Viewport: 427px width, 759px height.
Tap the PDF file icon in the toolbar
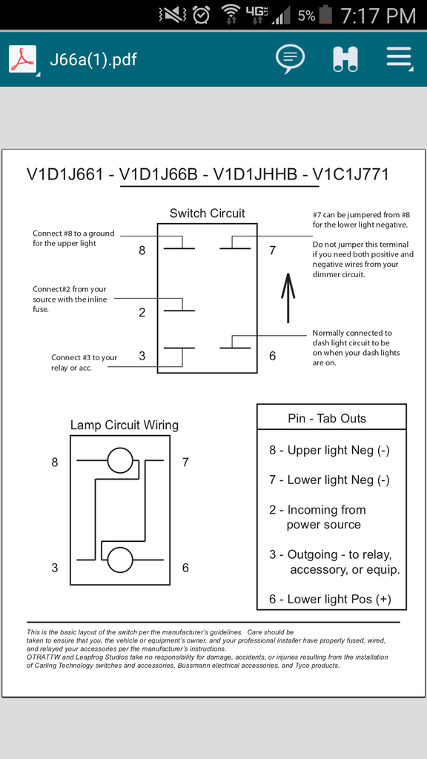[23, 59]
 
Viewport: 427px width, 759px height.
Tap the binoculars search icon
[345, 59]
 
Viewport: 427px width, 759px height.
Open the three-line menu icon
[399, 59]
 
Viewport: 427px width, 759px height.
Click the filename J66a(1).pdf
[93, 60]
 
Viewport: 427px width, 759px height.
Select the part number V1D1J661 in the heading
[65, 174]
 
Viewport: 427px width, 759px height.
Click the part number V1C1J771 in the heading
[351, 174]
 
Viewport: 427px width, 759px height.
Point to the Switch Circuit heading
[208, 213]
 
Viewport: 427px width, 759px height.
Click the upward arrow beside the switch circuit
[288, 298]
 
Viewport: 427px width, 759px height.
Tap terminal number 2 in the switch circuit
[142, 312]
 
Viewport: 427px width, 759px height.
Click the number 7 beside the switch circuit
[273, 251]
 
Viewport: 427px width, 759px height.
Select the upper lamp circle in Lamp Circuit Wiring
[120, 460]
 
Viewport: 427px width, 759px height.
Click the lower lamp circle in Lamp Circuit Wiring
[120, 560]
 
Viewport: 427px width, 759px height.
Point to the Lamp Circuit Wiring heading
[125, 425]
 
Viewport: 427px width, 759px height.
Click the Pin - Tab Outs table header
[327, 419]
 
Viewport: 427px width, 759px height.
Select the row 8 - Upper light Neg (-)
[330, 450]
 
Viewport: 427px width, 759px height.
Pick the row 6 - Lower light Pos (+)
[330, 599]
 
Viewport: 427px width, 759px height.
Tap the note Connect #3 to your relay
[85, 362]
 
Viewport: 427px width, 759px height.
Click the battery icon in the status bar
[326, 15]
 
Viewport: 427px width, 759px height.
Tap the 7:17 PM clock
[378, 16]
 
